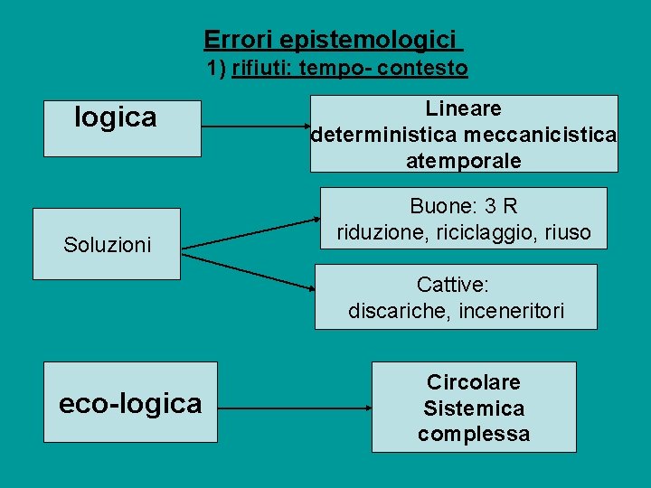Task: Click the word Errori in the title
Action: point(238,40)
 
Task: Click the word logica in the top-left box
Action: point(116,117)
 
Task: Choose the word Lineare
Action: point(464,108)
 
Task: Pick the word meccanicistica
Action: point(540,135)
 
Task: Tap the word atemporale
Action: point(464,161)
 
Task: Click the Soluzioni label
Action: point(107,244)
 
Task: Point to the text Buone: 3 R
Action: point(464,206)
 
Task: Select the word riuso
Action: point(568,232)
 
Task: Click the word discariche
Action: point(397,312)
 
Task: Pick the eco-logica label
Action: point(130,403)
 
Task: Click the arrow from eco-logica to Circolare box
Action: point(295,408)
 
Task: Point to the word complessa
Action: point(474,434)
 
